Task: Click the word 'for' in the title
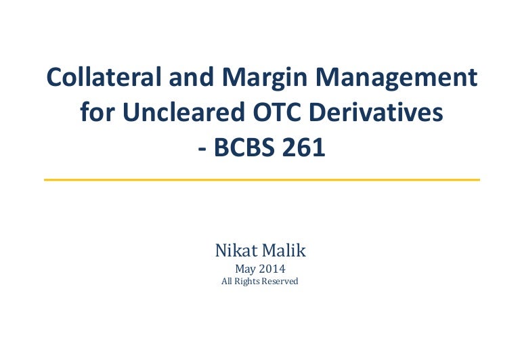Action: [96, 113]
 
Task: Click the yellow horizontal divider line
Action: [261, 179]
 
